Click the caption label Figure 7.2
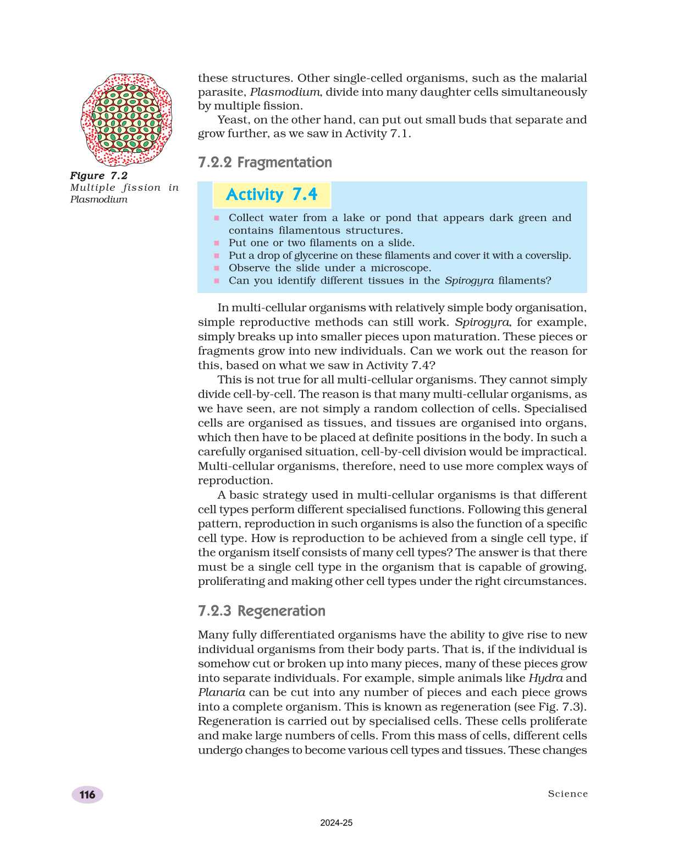[x=99, y=175]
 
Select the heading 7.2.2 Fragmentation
[x=265, y=162]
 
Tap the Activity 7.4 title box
[x=272, y=195]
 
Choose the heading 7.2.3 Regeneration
[x=262, y=611]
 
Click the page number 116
[x=87, y=794]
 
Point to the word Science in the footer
[x=567, y=793]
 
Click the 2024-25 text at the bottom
[x=336, y=823]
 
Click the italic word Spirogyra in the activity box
[x=469, y=280]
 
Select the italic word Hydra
[x=545, y=678]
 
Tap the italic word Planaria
[x=222, y=692]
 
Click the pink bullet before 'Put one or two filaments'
[x=217, y=243]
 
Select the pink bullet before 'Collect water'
[x=217, y=218]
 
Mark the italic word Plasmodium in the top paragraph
[x=284, y=92]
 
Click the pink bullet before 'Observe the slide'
[x=217, y=268]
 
